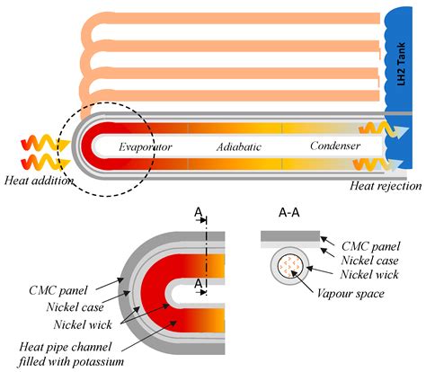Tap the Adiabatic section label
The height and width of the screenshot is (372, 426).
point(240,146)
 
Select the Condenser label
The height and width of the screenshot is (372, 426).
point(335,145)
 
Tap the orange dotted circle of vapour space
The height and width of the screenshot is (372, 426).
point(287,266)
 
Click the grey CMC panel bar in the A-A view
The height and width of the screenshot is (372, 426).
point(288,236)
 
